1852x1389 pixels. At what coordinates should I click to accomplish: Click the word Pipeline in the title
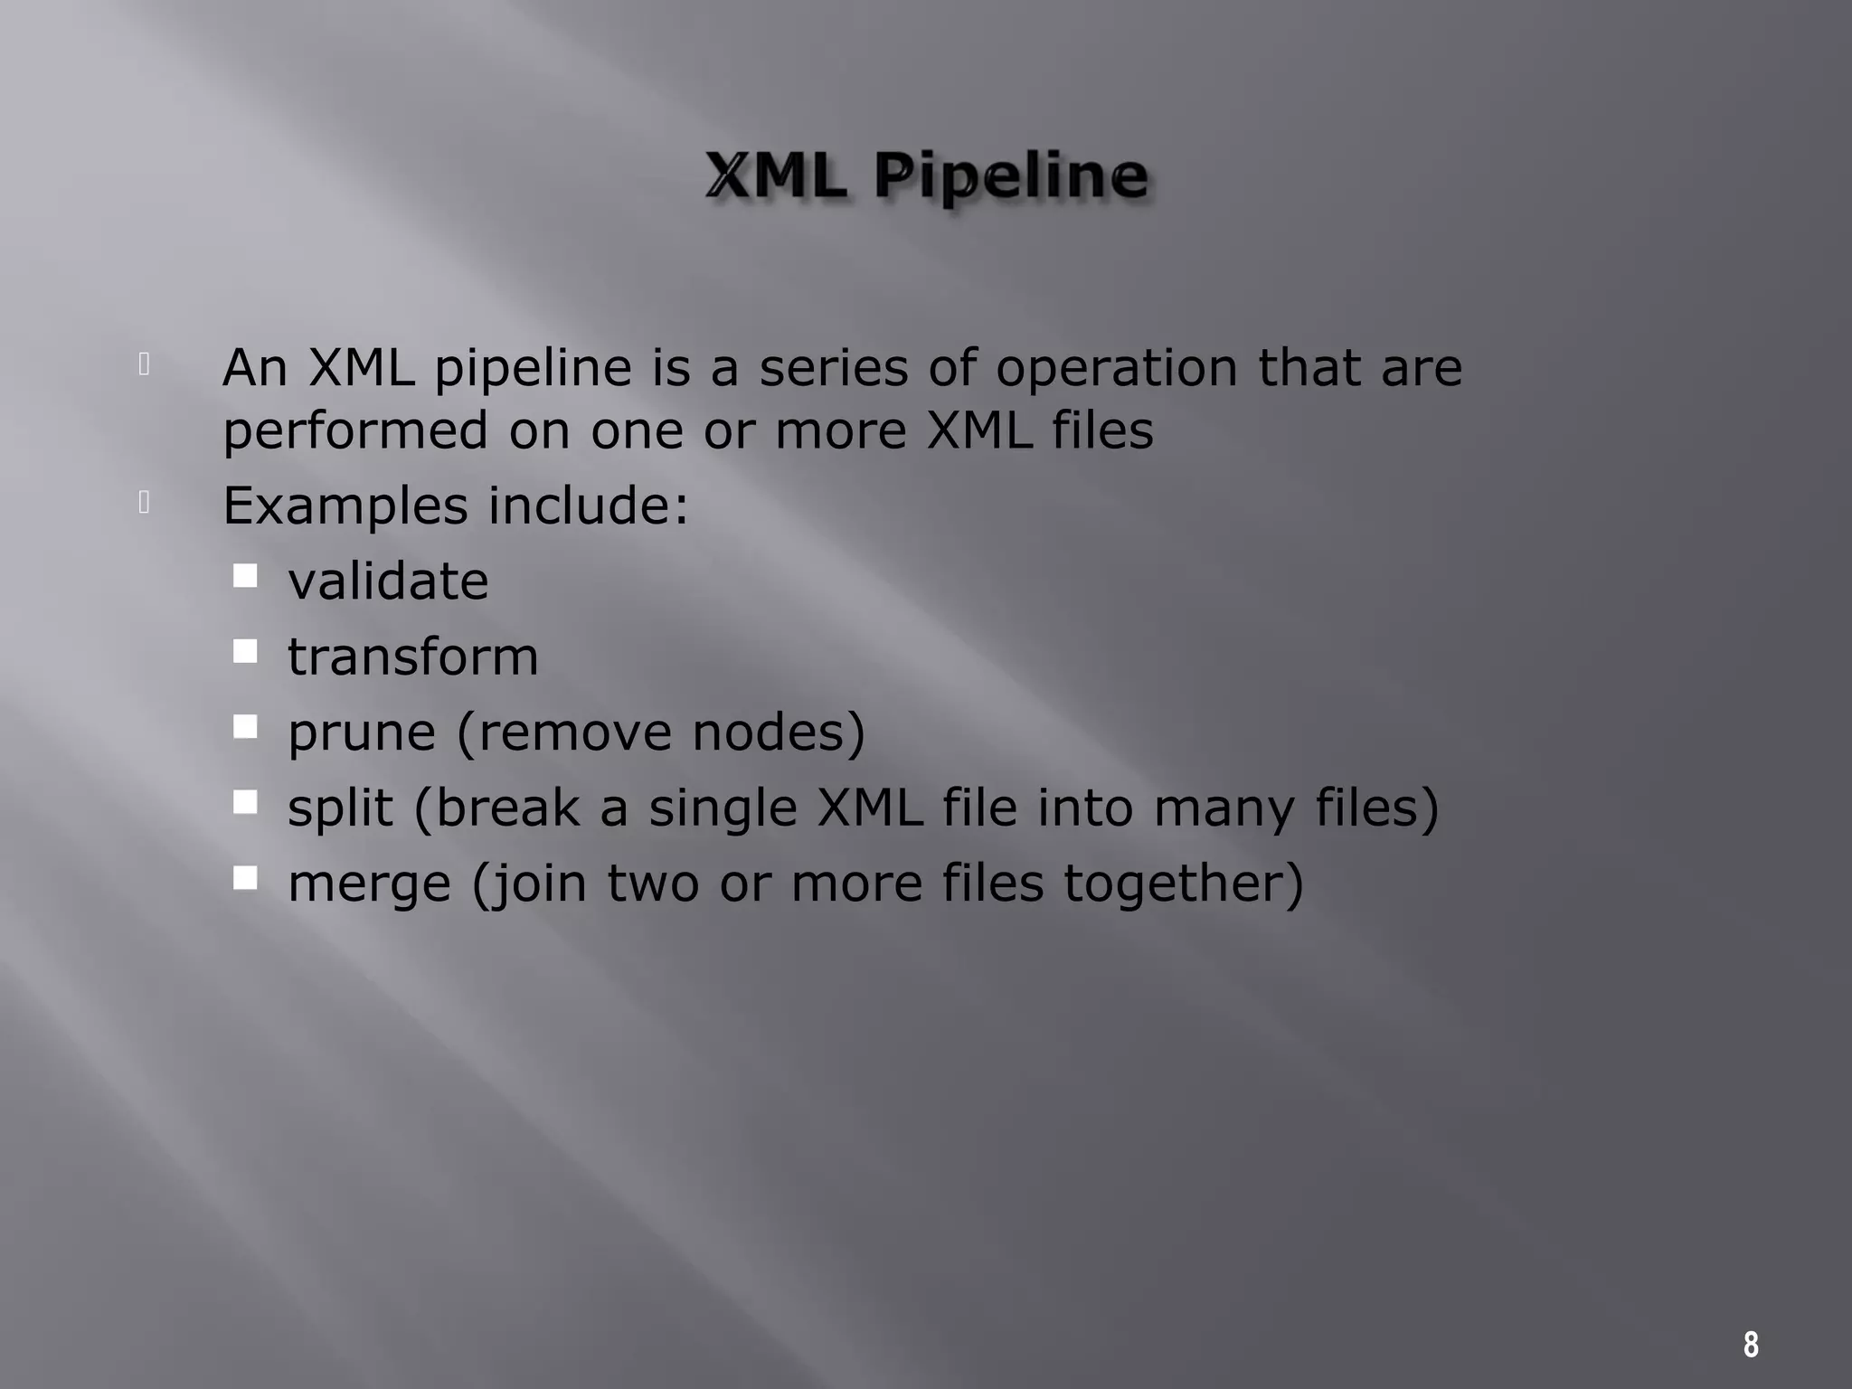(1011, 176)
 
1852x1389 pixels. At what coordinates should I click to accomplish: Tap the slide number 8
(1751, 1345)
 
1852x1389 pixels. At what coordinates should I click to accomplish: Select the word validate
(388, 581)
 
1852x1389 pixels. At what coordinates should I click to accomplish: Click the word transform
(412, 657)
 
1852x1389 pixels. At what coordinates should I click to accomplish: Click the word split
(340, 808)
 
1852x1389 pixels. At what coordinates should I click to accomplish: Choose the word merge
(369, 884)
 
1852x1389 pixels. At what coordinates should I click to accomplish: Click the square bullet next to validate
(245, 576)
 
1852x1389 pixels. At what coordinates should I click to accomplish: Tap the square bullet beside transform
(245, 651)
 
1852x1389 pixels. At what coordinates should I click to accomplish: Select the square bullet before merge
(245, 878)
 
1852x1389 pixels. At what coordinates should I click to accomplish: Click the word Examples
(345, 506)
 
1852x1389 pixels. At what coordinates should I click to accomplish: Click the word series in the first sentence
(833, 368)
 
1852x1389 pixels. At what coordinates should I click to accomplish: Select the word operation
(1116, 370)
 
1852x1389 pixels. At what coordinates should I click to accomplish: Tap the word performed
(355, 431)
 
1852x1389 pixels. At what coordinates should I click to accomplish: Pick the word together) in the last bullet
(1183, 884)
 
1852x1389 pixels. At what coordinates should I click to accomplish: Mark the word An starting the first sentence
(255, 368)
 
